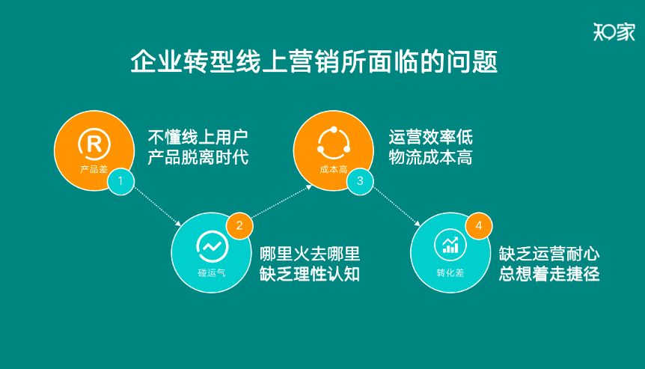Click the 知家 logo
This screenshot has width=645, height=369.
tap(614, 31)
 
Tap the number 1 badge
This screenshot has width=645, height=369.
tap(120, 181)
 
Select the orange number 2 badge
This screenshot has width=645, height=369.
tap(239, 225)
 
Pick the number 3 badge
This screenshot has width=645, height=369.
tap(360, 181)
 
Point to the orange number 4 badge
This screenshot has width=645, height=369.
tap(479, 225)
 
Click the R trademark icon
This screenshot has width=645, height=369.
tap(94, 144)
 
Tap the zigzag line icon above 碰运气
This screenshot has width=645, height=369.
tap(212, 246)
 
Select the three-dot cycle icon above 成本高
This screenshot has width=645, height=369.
tap(334, 143)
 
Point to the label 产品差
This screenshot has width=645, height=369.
tap(94, 169)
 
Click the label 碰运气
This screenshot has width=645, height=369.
tap(212, 272)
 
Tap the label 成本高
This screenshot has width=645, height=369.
tap(334, 169)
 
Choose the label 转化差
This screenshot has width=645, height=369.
tap(450, 272)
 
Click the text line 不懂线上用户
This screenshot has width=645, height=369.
tap(198, 137)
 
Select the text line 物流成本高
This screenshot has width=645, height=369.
tap(431, 157)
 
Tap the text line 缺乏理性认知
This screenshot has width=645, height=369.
tap(309, 274)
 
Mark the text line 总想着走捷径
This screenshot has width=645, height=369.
tap(549, 274)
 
